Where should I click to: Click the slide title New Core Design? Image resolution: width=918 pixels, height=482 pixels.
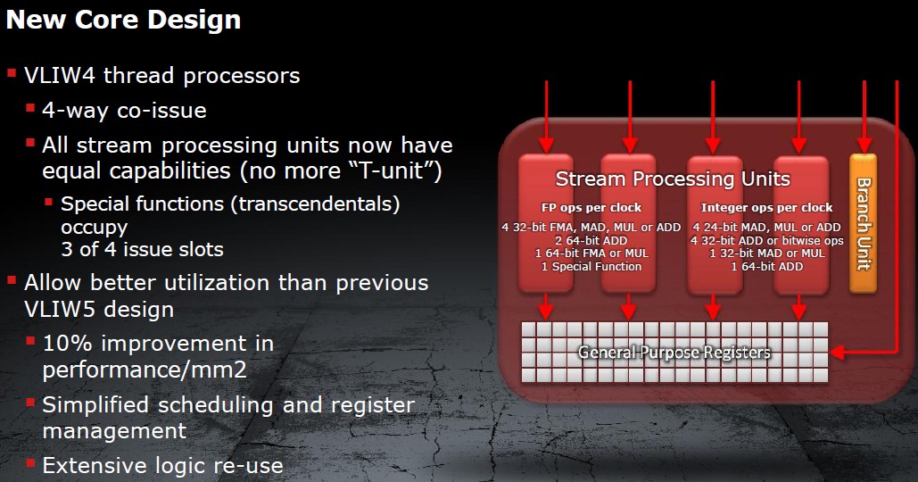click(x=123, y=20)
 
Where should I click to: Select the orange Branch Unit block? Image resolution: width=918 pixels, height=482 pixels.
click(x=863, y=223)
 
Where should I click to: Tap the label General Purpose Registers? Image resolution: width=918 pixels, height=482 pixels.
click(x=674, y=353)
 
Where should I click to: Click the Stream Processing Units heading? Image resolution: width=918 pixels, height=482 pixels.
click(x=673, y=179)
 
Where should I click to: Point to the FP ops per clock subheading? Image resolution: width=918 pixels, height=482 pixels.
click(x=591, y=207)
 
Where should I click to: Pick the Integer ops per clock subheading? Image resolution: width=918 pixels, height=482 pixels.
click(x=766, y=207)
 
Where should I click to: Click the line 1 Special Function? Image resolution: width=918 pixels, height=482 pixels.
click(x=591, y=267)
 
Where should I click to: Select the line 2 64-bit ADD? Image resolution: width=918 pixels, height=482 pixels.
click(x=591, y=240)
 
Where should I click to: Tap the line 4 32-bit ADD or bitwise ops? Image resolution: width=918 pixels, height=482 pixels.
click(x=767, y=240)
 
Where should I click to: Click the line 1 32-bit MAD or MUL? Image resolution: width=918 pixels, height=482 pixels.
click(x=767, y=253)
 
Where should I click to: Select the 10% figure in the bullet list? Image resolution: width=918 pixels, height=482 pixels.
click(x=67, y=343)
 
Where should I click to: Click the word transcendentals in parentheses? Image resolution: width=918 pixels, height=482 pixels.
click(x=319, y=204)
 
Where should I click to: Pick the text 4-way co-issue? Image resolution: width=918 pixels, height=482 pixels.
click(x=124, y=111)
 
